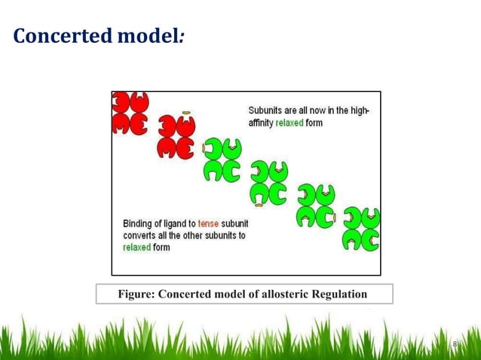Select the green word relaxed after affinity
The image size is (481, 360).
point(290,123)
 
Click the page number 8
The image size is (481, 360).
point(455,345)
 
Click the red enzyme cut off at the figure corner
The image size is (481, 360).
point(130,113)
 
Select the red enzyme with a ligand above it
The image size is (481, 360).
point(176,137)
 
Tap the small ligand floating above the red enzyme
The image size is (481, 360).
point(185,113)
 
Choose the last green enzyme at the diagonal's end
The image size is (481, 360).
point(361,229)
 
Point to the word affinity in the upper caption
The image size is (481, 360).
point(261,123)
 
